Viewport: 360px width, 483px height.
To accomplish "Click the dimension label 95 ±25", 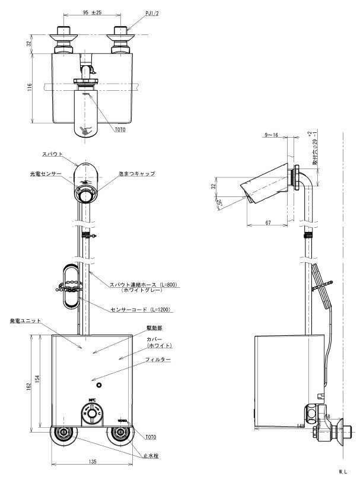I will click(x=89, y=11).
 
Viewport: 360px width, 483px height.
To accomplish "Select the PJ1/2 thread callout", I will click(x=151, y=12).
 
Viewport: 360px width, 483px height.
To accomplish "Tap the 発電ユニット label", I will click(x=26, y=320).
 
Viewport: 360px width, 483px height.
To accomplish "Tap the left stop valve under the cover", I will click(x=61, y=434).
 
